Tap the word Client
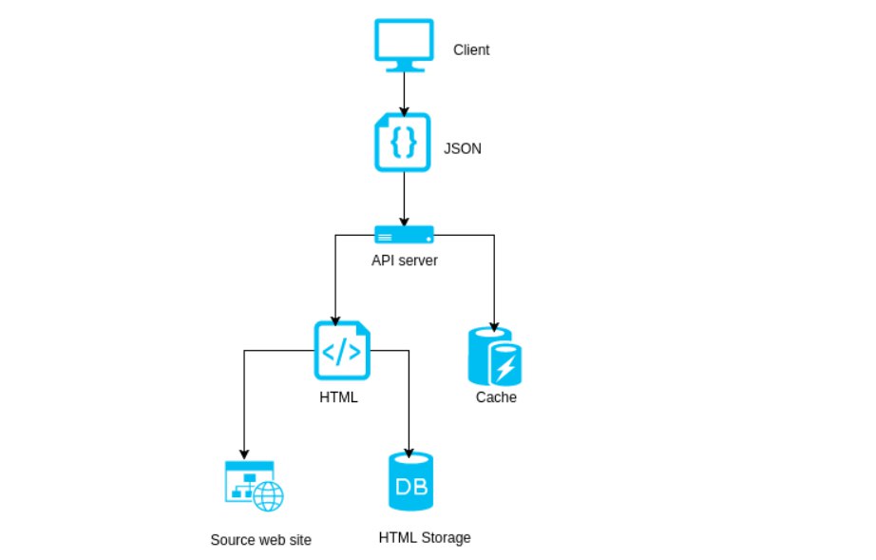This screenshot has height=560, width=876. click(x=471, y=49)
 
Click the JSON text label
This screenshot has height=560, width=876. click(x=463, y=148)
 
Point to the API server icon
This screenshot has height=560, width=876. click(x=404, y=234)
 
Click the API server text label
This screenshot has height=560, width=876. click(x=405, y=260)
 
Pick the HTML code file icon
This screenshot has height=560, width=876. click(x=341, y=351)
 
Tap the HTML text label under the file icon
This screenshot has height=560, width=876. click(x=338, y=397)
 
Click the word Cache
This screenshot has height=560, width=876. click(x=496, y=397)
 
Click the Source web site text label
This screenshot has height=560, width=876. click(x=260, y=540)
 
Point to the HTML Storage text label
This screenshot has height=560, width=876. click(x=424, y=537)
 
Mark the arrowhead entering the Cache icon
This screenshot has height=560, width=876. click(x=495, y=322)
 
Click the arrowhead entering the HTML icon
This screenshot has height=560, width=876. click(x=334, y=318)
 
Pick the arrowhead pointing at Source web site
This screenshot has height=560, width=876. click(x=245, y=454)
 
